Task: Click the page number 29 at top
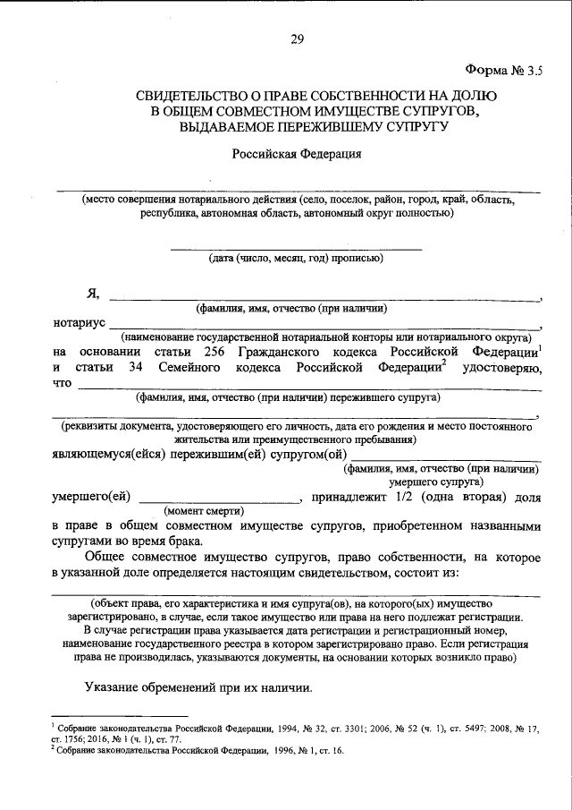click(x=297, y=38)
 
